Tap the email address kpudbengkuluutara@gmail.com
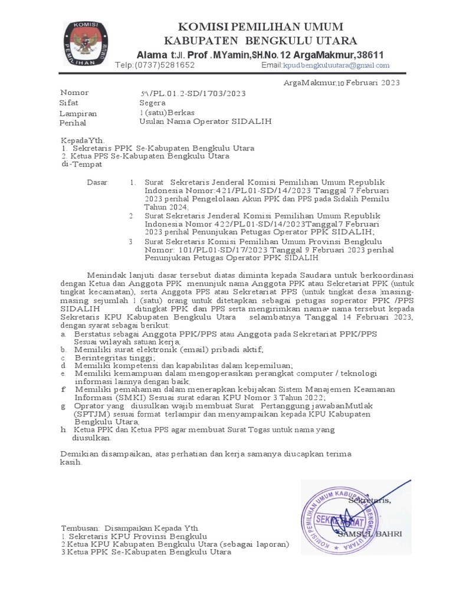[x=336, y=65]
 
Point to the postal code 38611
[x=368, y=55]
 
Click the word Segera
[x=152, y=103]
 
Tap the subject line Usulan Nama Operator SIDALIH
[x=205, y=122]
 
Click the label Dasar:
[x=98, y=183]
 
